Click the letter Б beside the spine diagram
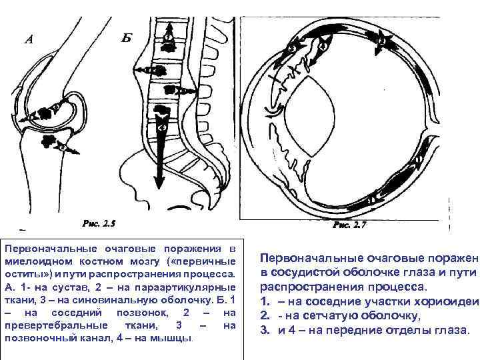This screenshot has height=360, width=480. pyautogui.click(x=127, y=37)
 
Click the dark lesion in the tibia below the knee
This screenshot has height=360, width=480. pyautogui.click(x=48, y=141)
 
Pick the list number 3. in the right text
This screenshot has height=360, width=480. pyautogui.click(x=265, y=330)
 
